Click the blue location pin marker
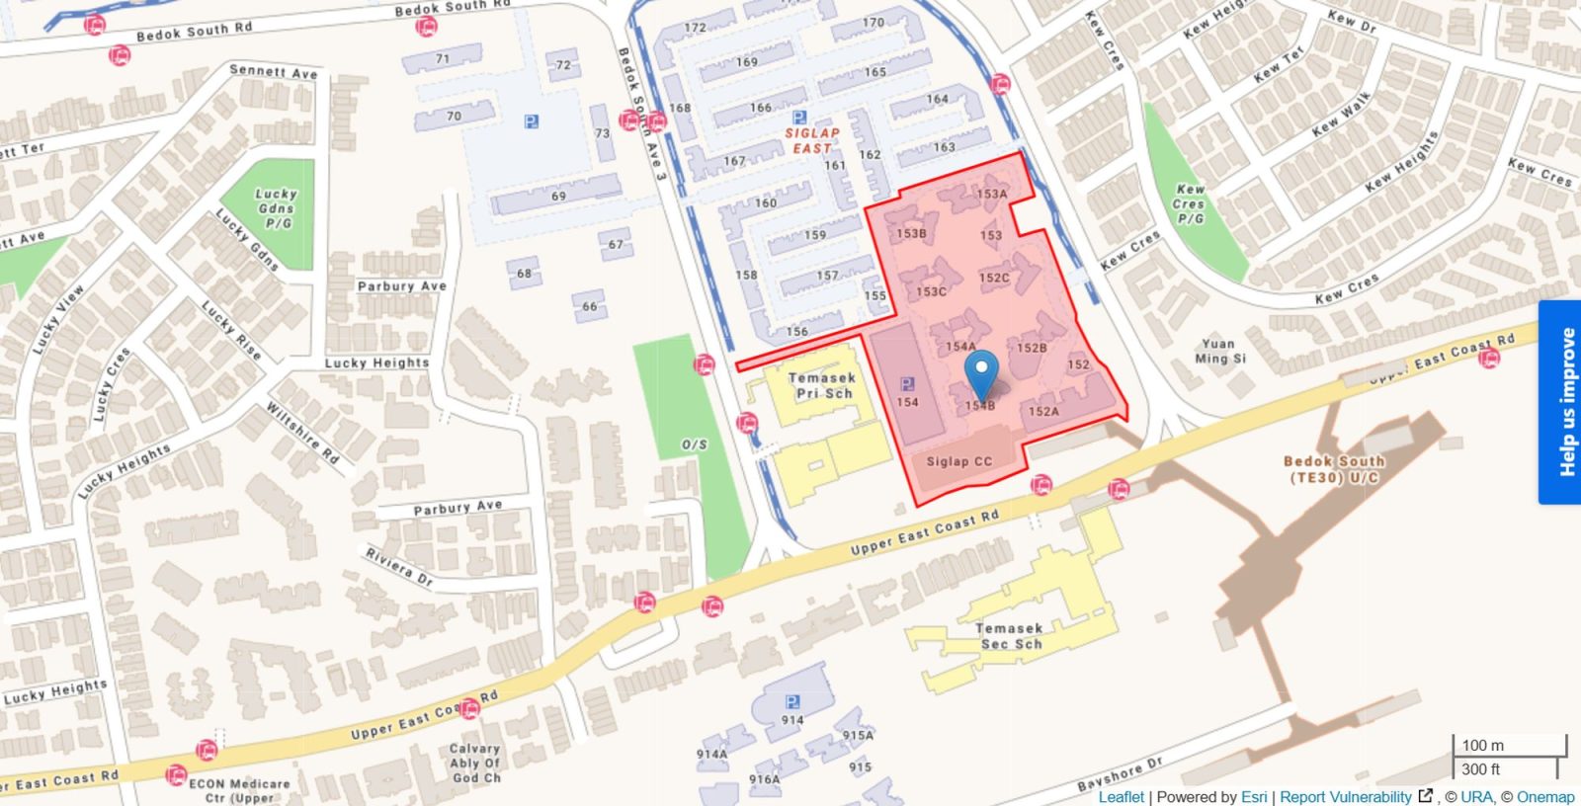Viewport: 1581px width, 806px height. pyautogui.click(x=980, y=376)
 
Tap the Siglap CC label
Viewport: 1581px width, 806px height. pyautogui.click(x=958, y=461)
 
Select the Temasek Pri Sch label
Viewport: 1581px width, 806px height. pyautogui.click(x=822, y=385)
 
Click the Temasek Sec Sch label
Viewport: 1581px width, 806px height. pyautogui.click(x=1009, y=636)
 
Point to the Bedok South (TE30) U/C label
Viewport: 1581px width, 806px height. pyautogui.click(x=1333, y=469)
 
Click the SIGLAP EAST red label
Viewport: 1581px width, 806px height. pyautogui.click(x=812, y=140)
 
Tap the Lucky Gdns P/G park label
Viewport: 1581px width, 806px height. pyautogui.click(x=276, y=208)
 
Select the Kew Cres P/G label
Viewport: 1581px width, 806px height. pyautogui.click(x=1191, y=203)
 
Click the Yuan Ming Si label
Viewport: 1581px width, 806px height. pyautogui.click(x=1219, y=351)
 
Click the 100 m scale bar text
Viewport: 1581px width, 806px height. pyautogui.click(x=1482, y=746)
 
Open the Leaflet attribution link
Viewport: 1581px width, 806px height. pyautogui.click(x=1121, y=797)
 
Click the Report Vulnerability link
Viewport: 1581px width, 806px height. pyautogui.click(x=1345, y=797)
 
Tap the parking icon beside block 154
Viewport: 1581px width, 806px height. pyautogui.click(x=907, y=384)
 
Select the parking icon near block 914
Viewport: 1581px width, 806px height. pyautogui.click(x=791, y=701)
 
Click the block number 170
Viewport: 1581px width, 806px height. pyautogui.click(x=874, y=23)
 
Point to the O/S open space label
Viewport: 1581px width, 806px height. pyautogui.click(x=695, y=444)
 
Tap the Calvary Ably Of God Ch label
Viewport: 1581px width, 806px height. pyautogui.click(x=475, y=764)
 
